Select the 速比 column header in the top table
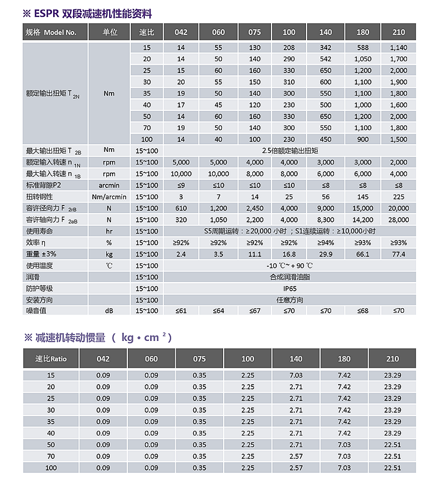coord(146,32)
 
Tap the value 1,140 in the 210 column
coord(398,47)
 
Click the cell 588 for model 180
coord(363,47)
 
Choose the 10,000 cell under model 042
coord(181,173)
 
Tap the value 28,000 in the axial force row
coord(398,219)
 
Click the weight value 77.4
coord(398,254)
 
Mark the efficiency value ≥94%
coord(326,242)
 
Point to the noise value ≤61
coord(181,311)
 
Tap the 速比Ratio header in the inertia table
coord(51,358)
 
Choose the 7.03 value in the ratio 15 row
coord(297,375)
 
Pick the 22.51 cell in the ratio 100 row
coord(392,468)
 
